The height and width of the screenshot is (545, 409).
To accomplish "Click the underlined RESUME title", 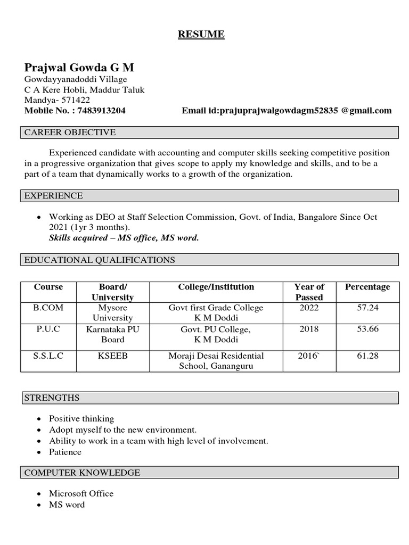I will click(201, 35).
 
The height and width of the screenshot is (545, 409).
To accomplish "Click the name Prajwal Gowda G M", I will click(79, 68).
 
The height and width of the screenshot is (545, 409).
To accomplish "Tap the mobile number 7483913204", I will click(101, 111).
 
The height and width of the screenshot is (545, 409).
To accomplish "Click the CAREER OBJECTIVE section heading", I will click(70, 133).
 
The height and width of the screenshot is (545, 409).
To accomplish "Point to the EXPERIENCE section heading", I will click(54, 196).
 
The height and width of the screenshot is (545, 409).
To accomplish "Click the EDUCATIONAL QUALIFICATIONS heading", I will click(100, 260).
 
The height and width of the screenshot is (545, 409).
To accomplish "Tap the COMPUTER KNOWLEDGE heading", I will click(83, 473).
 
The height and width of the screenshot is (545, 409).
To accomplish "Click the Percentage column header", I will click(367, 287).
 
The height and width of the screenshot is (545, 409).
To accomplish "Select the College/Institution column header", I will click(216, 287).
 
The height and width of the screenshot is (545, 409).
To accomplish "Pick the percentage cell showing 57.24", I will click(367, 308).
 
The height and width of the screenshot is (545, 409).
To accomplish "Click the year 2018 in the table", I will click(309, 329).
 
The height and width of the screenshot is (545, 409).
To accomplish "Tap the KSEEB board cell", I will click(112, 356).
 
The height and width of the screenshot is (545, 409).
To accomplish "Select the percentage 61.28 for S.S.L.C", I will click(367, 356).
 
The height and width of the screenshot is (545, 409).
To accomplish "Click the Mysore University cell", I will click(112, 313).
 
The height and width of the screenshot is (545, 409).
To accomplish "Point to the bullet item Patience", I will click(65, 452).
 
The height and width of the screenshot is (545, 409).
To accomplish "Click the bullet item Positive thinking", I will click(81, 419).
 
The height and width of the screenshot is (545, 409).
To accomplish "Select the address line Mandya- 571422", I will click(57, 100).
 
